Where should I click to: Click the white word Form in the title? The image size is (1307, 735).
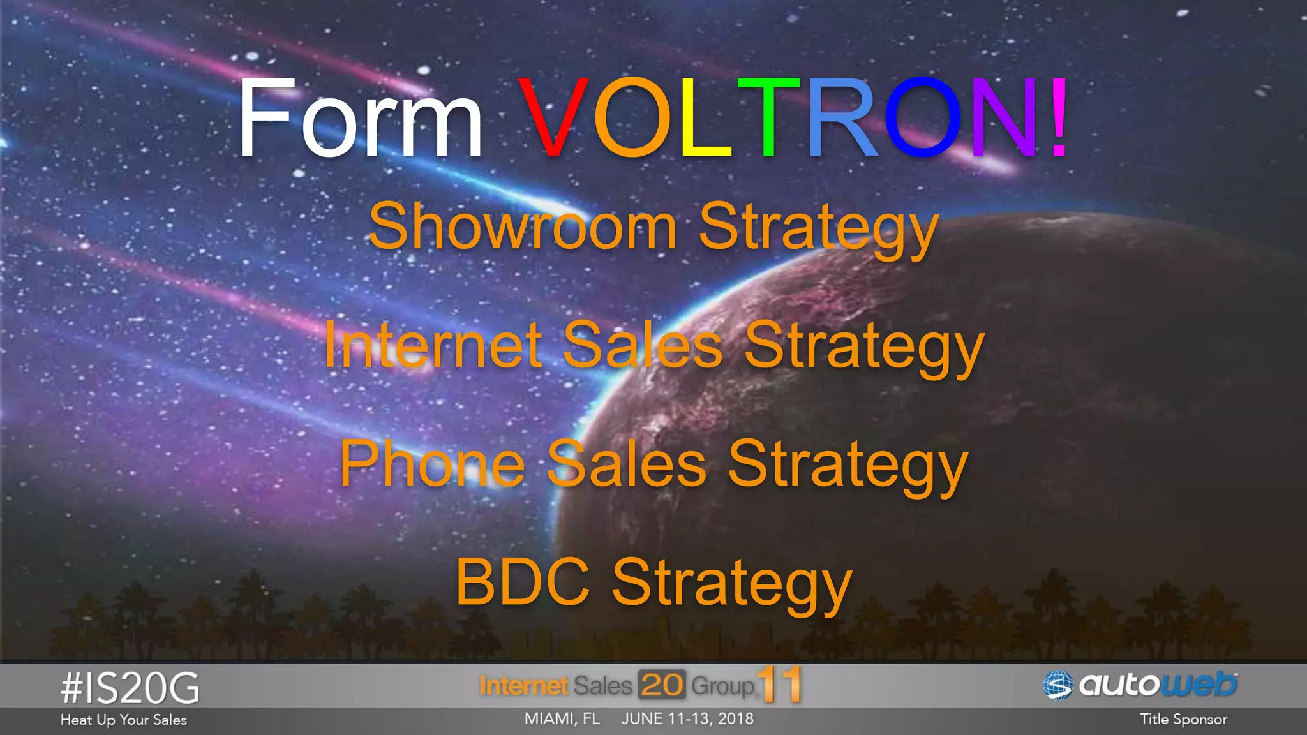(359, 118)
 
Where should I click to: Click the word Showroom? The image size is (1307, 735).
(523, 227)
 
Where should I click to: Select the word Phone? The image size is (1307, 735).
(432, 464)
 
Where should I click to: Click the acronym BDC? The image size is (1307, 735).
(522, 582)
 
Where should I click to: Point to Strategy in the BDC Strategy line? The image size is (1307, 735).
(732, 584)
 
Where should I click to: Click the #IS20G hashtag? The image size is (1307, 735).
(130, 688)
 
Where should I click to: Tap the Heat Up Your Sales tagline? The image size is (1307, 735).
(124, 720)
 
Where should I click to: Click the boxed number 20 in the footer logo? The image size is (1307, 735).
(662, 685)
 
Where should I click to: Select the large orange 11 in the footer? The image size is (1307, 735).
(780, 685)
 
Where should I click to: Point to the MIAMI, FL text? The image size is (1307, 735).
(562, 718)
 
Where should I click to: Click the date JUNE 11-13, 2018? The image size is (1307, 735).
(687, 718)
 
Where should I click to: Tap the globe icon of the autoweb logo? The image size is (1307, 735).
(1058, 685)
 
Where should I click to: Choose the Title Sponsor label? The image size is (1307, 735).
(1183, 719)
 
